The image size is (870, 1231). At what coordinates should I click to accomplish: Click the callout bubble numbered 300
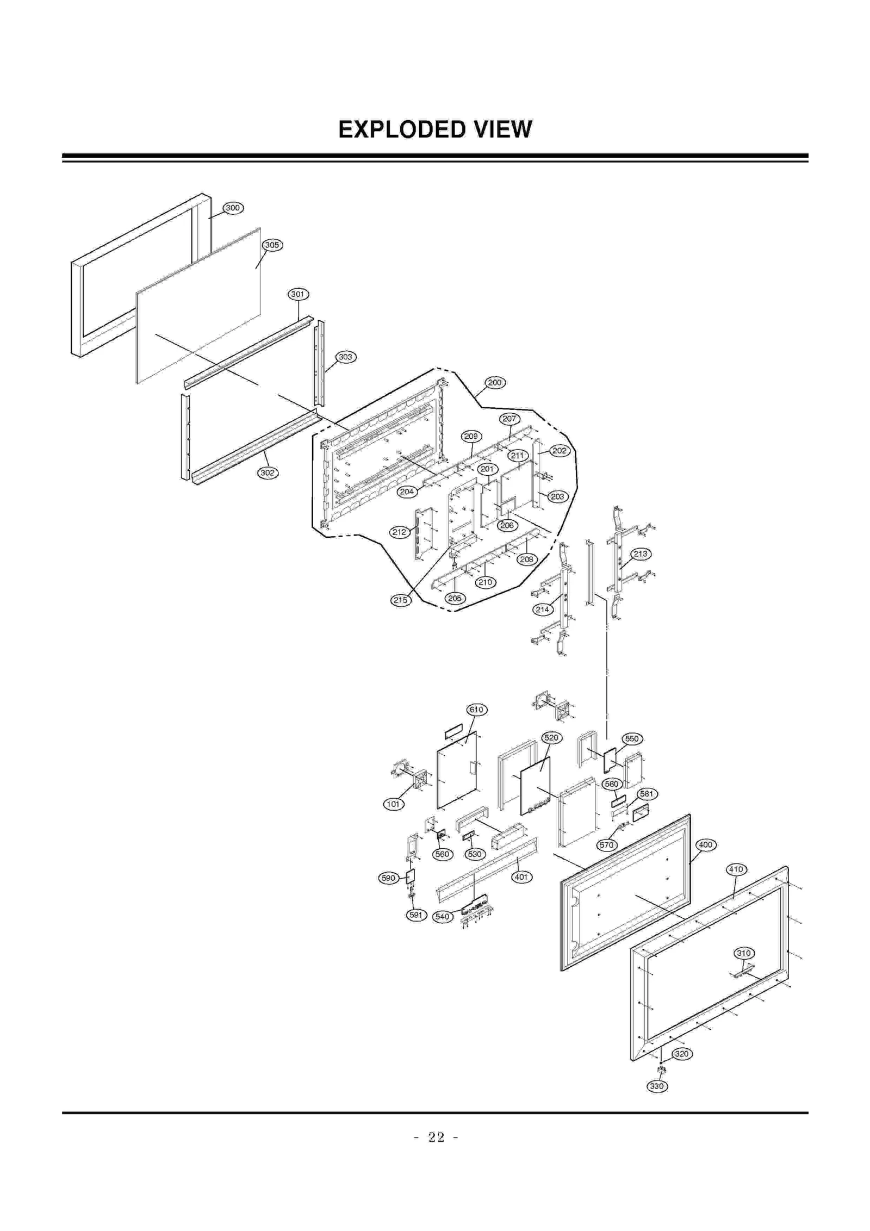[x=233, y=208]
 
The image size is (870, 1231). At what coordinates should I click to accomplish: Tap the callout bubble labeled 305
[x=272, y=245]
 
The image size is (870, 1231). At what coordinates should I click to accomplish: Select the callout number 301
[x=297, y=294]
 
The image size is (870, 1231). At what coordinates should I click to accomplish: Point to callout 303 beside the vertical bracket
[x=345, y=357]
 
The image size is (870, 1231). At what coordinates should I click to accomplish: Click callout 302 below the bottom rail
[x=267, y=472]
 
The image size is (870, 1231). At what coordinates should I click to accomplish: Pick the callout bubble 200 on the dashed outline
[x=495, y=382]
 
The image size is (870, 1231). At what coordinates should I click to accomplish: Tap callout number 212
[x=400, y=532]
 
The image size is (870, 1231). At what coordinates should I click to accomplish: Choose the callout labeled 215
[x=400, y=600]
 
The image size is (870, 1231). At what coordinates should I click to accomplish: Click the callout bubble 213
[x=641, y=554]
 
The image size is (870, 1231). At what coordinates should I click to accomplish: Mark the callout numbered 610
[x=476, y=710]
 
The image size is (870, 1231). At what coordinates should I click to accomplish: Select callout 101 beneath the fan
[x=393, y=804]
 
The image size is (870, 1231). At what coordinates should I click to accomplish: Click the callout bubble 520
[x=551, y=738]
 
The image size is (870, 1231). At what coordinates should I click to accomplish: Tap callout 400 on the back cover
[x=705, y=845]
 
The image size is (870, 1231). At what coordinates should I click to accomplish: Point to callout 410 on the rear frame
[x=736, y=869]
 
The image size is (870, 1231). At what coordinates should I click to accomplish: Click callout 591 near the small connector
[x=415, y=915]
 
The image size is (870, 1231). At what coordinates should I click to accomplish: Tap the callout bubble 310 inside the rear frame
[x=743, y=953]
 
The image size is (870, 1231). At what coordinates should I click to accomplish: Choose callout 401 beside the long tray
[x=521, y=877]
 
